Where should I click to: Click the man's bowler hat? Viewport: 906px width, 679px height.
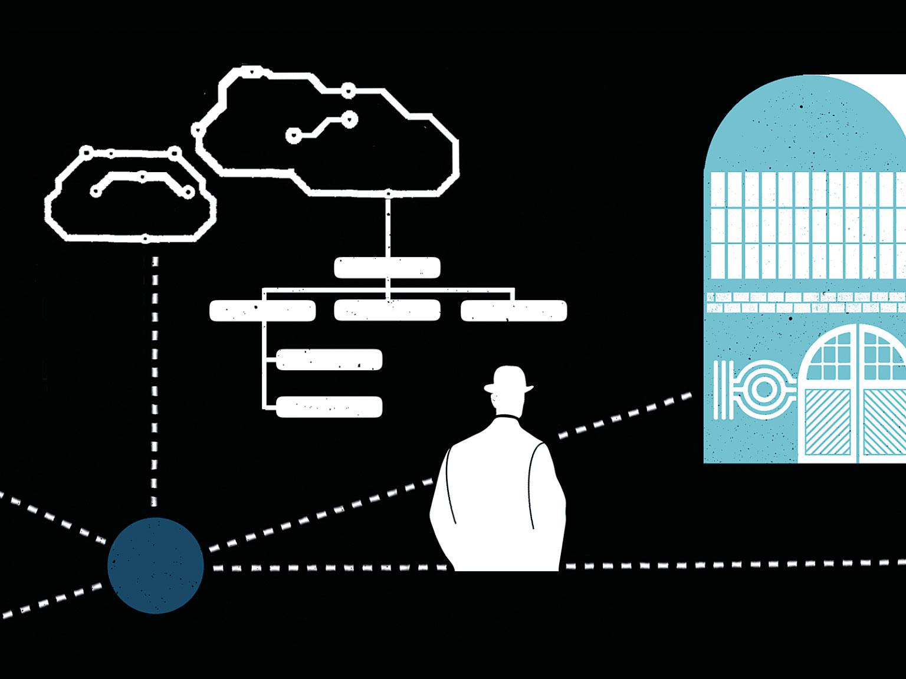(508, 379)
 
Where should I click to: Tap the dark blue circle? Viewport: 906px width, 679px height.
(156, 565)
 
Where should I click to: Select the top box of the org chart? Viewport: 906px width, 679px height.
(387, 268)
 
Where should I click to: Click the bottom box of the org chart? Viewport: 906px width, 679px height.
(329, 407)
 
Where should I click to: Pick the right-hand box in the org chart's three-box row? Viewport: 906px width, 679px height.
(514, 311)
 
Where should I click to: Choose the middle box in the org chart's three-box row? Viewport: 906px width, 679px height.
(387, 311)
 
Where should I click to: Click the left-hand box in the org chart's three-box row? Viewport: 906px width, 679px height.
(262, 311)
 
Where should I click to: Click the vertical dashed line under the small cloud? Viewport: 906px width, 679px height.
(155, 383)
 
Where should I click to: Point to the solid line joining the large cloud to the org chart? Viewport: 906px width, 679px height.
(388, 227)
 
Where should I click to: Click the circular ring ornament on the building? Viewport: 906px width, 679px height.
(763, 390)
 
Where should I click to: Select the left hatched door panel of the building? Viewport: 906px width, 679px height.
(827, 421)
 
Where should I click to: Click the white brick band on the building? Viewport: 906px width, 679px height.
(806, 302)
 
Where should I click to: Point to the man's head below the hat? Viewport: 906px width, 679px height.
(507, 403)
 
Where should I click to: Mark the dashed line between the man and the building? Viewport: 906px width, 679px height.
(625, 415)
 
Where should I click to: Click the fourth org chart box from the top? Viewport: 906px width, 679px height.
(329, 360)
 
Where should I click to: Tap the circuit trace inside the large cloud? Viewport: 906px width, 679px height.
(321, 127)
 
